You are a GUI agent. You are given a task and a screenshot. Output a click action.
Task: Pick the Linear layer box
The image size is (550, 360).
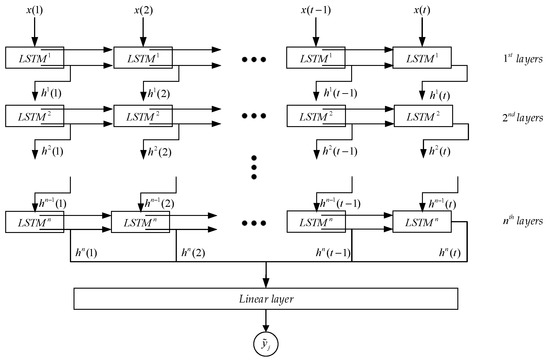pyautogui.click(x=266, y=300)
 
